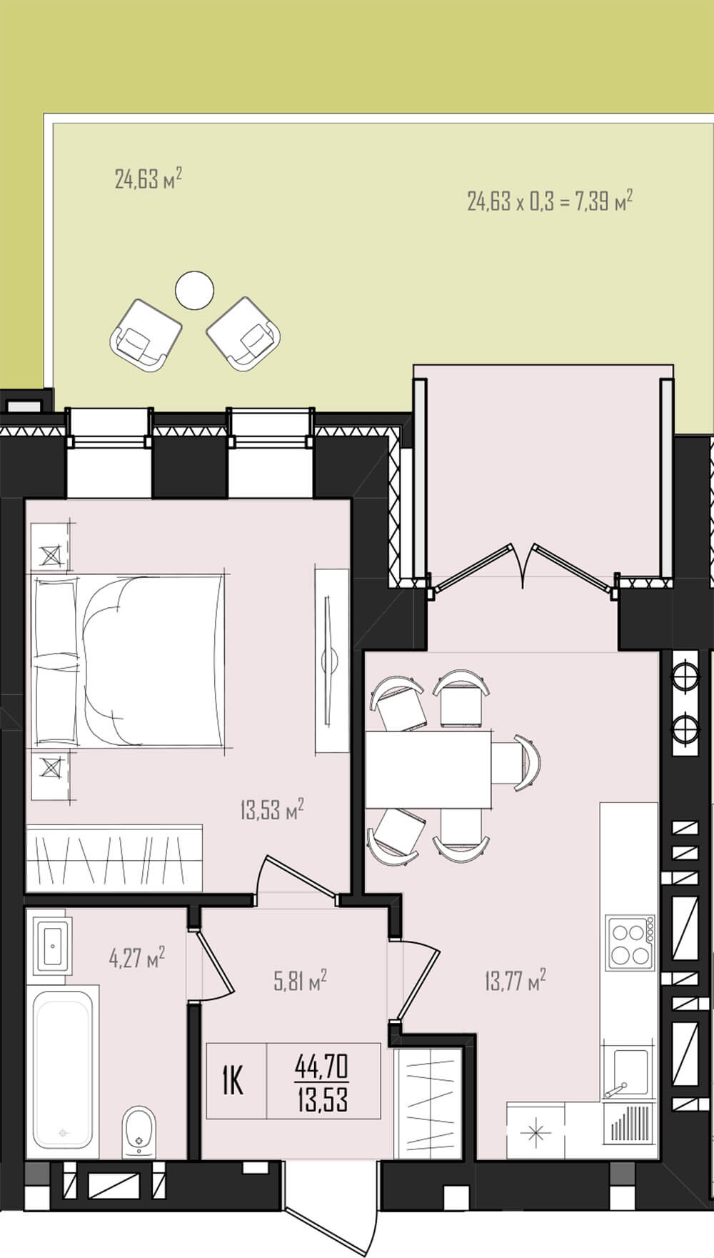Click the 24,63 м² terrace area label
tap(149, 178)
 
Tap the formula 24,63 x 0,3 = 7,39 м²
tap(550, 201)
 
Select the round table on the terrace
tap(194, 290)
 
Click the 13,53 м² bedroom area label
tap(272, 810)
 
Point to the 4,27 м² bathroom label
tap(137, 957)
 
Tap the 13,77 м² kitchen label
tap(516, 979)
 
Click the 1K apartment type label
tap(233, 1081)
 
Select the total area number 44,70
tap(322, 1067)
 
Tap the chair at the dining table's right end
tap(518, 762)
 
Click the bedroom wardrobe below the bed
tap(114, 858)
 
